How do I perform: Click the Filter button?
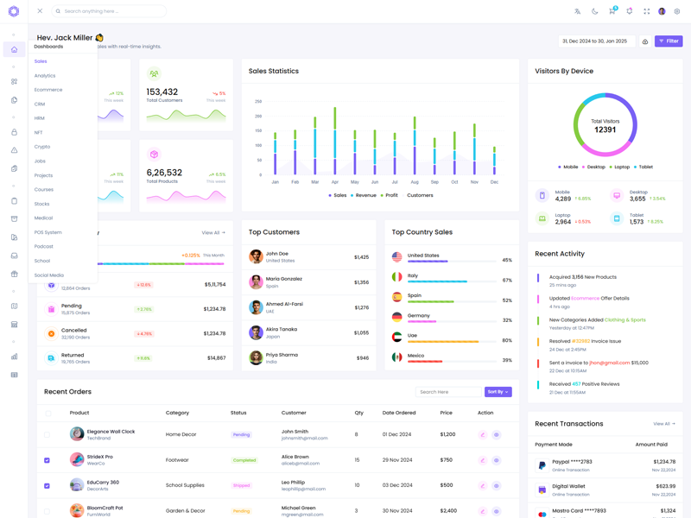[x=669, y=41]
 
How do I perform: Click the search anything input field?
[x=110, y=11]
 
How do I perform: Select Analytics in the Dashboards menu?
[x=45, y=76]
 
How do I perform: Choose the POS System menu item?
[x=48, y=232]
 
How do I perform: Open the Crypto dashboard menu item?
[x=42, y=147]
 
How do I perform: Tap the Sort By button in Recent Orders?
[x=498, y=392]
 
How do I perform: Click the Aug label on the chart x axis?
[x=415, y=182]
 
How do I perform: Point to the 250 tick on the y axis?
[x=258, y=102]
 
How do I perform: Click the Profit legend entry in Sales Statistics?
[x=389, y=195]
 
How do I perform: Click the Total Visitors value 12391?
[x=605, y=129]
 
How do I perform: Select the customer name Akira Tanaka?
[x=282, y=329]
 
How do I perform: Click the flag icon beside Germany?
[x=397, y=318]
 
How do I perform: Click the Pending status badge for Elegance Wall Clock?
[x=241, y=435]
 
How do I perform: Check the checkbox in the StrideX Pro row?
[x=48, y=460]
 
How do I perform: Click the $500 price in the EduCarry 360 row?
[x=447, y=485]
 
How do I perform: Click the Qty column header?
[x=358, y=413]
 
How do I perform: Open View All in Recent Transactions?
[x=663, y=424]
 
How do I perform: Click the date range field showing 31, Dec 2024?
[x=597, y=41]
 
